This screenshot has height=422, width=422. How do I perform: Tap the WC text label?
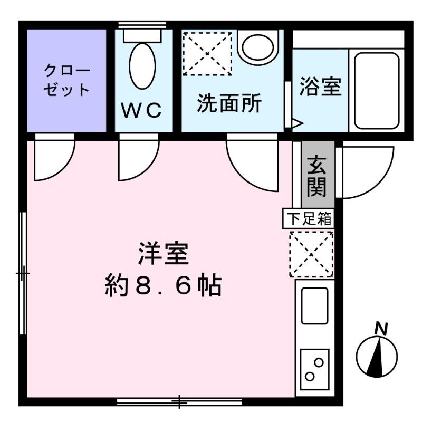pyautogui.click(x=141, y=111)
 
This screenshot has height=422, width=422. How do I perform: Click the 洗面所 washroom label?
pyautogui.click(x=229, y=103)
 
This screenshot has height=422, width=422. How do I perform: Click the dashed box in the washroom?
pyautogui.click(x=207, y=53)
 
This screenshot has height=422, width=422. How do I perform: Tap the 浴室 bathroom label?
pyautogui.click(x=320, y=87)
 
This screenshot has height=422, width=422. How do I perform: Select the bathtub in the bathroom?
pyautogui.click(x=376, y=90)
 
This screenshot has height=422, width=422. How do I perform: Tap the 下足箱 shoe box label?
pyautogui.click(x=309, y=219)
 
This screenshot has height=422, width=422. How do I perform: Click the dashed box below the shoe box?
pyautogui.click(x=311, y=254)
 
